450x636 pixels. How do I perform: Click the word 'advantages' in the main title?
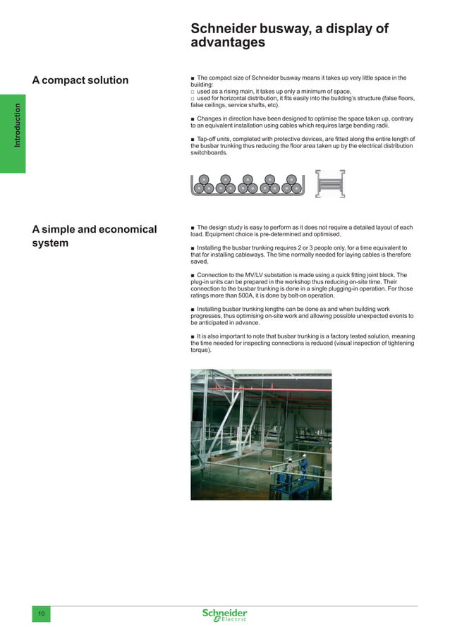click(228, 43)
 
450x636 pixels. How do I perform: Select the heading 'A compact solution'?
click(80, 80)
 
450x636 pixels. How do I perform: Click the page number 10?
click(41, 615)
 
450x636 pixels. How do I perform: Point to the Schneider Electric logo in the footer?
click(225, 615)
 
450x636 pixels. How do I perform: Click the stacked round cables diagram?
click(247, 183)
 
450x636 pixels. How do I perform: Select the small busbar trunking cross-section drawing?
click(329, 183)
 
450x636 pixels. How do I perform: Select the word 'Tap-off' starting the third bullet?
click(208, 139)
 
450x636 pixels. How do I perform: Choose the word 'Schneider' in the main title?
click(224, 28)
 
